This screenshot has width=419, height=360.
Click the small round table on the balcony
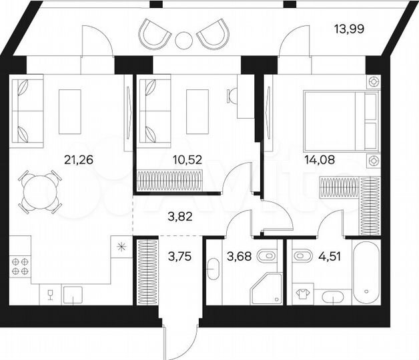point(183,39)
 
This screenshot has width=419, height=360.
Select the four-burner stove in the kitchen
point(20,266)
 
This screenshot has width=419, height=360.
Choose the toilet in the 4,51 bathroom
point(301,255)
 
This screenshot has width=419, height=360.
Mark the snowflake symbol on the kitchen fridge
point(121,248)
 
